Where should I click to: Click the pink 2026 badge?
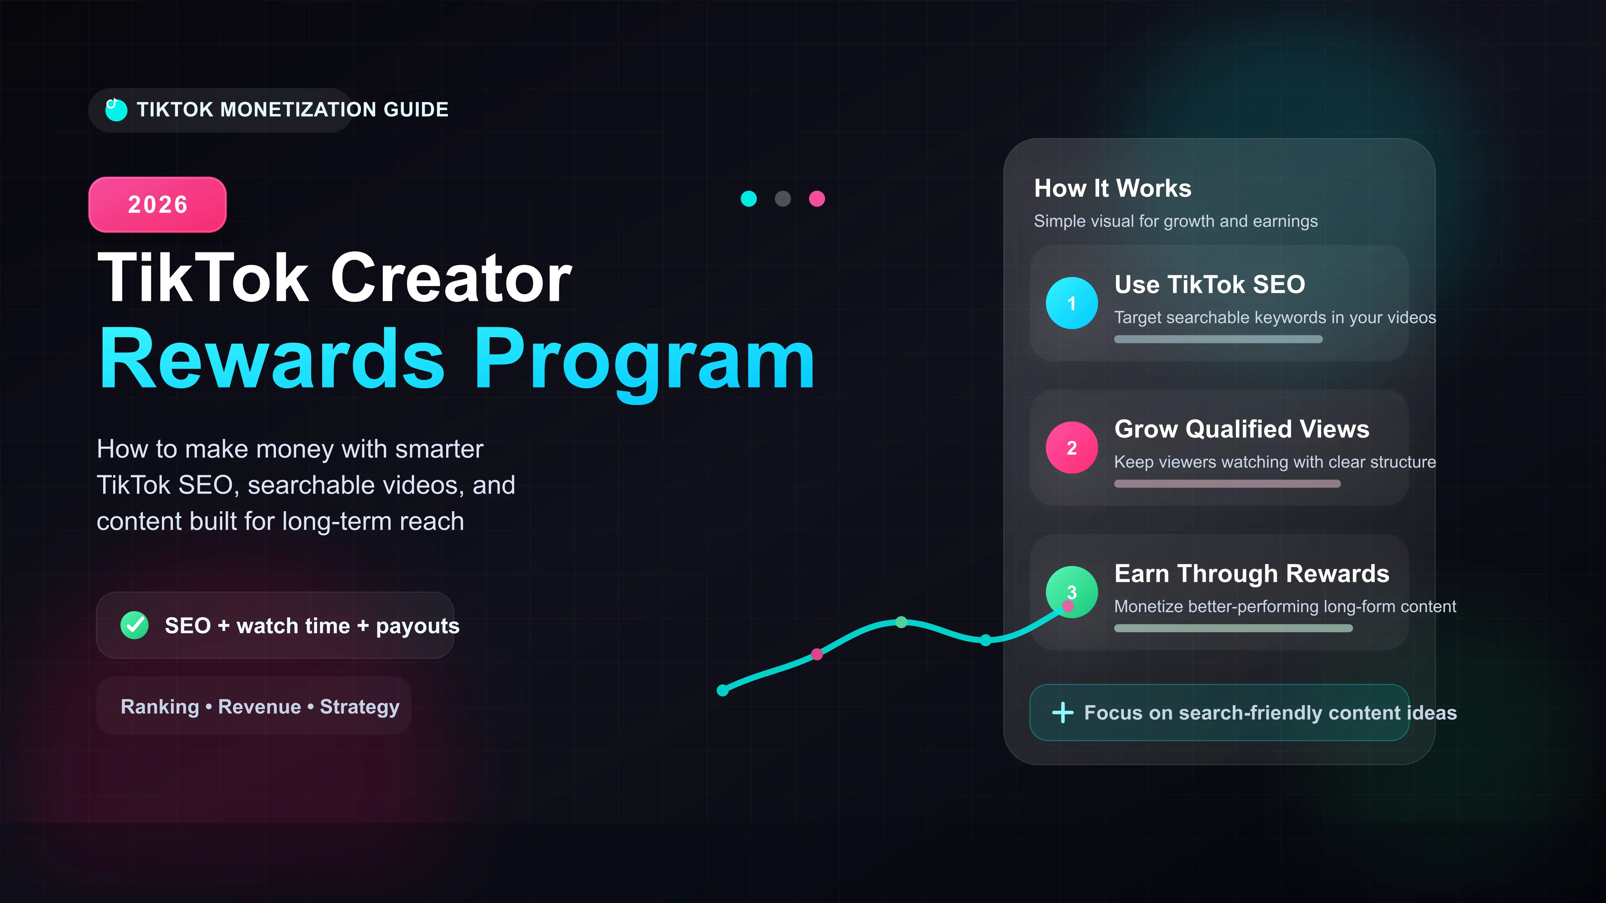(158, 205)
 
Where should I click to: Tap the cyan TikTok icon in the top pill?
(116, 110)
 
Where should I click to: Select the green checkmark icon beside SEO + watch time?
(134, 625)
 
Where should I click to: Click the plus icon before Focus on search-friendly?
(1062, 712)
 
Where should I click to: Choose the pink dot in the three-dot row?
(817, 199)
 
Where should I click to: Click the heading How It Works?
(1112, 188)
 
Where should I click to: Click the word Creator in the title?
(451, 278)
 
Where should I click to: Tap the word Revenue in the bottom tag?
(259, 707)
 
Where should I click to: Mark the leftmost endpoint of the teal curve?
(723, 690)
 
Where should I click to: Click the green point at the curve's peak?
(902, 622)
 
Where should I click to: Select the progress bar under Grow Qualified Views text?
(1227, 484)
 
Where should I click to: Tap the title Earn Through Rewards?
(1251, 573)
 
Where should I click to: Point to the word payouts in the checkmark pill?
(417, 626)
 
